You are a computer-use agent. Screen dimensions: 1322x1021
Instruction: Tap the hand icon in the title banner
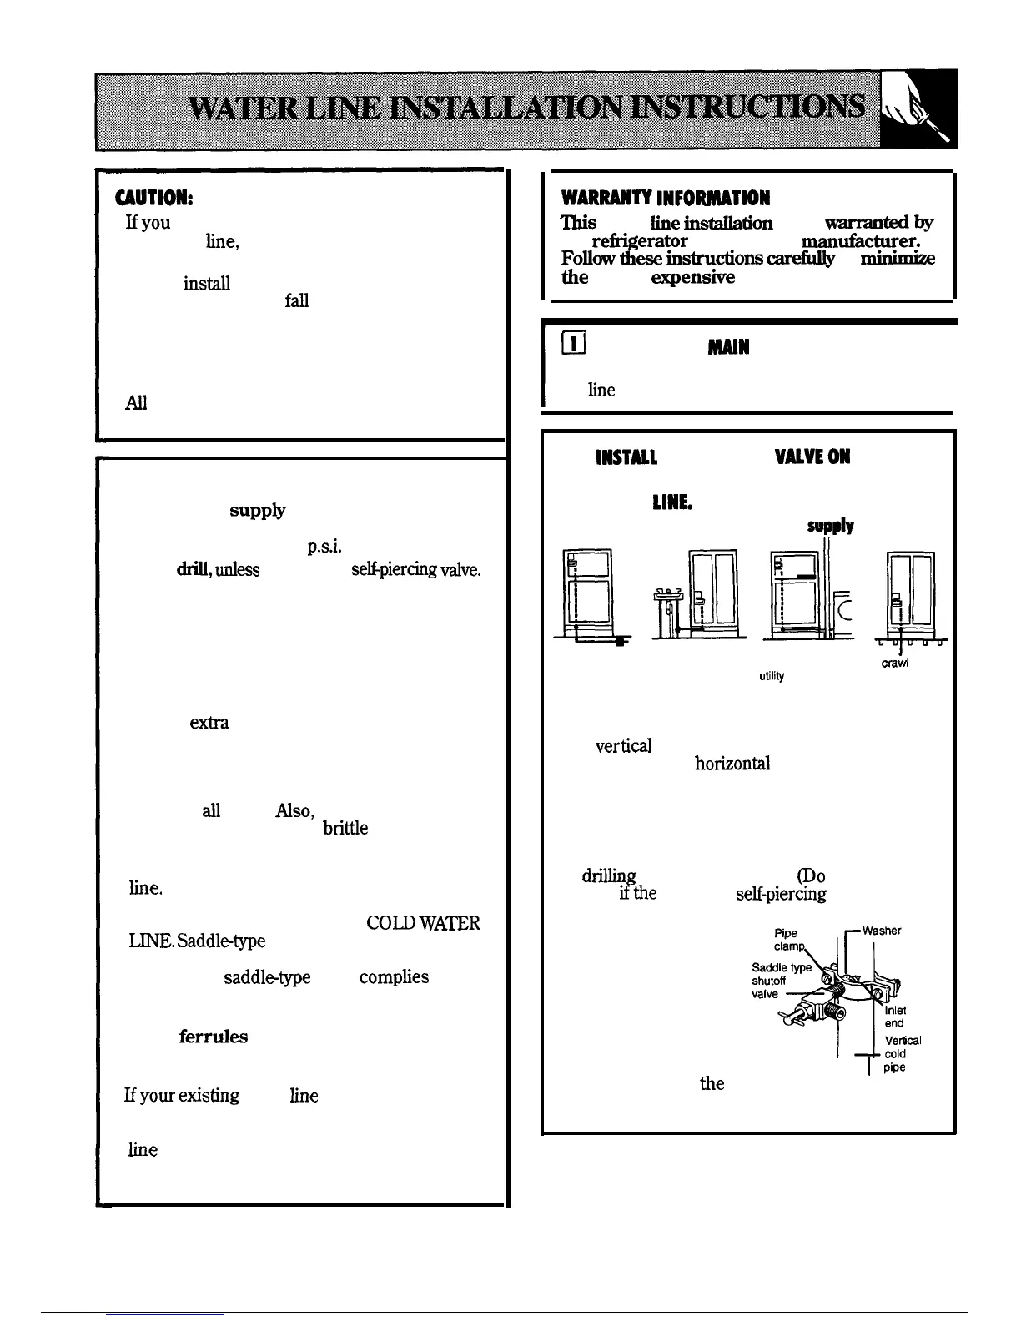click(x=919, y=111)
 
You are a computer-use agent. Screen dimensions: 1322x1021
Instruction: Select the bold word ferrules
click(x=213, y=1037)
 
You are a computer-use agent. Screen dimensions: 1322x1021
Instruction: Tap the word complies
click(x=394, y=977)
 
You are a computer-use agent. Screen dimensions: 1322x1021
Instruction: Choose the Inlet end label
click(x=894, y=1017)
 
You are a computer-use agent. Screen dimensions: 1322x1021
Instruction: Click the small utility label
click(x=772, y=676)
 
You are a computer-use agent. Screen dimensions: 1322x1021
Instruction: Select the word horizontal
click(x=732, y=764)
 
